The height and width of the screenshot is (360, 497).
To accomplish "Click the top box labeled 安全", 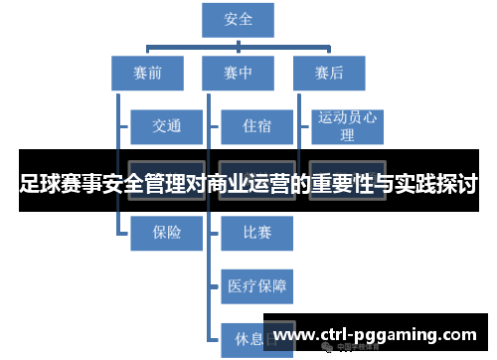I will (x=239, y=18).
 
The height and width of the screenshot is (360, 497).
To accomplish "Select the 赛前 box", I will (x=147, y=72).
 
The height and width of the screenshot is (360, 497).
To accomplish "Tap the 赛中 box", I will (x=238, y=72).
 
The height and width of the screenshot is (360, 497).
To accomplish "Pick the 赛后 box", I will (x=329, y=72).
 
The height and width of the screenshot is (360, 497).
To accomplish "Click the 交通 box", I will (x=167, y=126).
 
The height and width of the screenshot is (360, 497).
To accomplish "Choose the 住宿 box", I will (x=256, y=126).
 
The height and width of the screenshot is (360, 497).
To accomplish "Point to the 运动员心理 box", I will (x=347, y=125).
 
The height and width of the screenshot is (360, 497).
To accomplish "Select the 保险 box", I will (x=167, y=233).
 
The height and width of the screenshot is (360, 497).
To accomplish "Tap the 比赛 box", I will (x=256, y=233).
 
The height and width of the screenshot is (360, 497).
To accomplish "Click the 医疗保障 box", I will (x=256, y=286).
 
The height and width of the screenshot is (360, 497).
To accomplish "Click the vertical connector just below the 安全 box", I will (x=239, y=40).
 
